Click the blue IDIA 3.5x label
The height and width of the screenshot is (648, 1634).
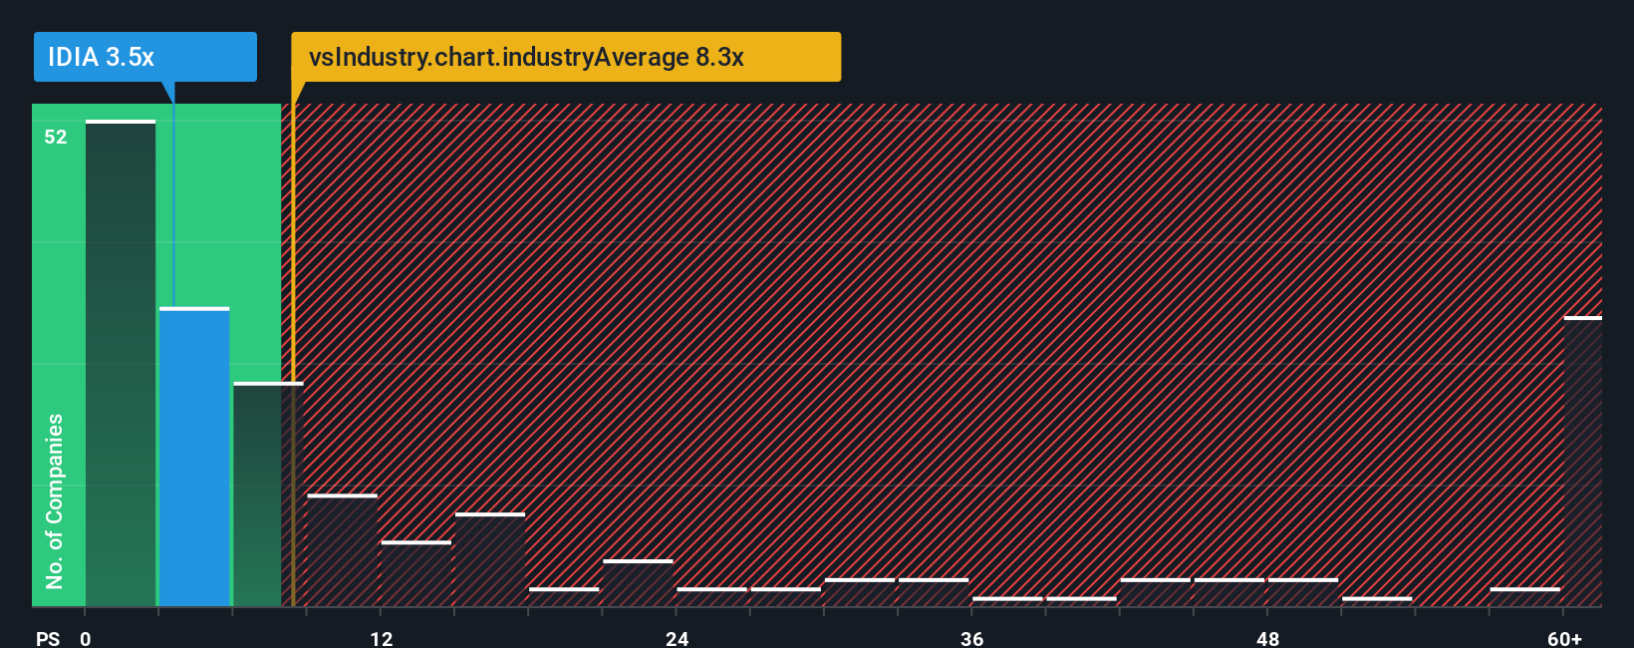144,57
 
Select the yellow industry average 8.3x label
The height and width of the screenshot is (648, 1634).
565,57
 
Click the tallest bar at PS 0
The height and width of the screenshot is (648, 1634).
121,363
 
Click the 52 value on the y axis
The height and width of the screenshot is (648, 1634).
56,137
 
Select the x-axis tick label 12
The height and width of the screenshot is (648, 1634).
382,638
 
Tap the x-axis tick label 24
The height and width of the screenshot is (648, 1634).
678,638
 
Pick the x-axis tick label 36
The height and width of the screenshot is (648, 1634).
972,638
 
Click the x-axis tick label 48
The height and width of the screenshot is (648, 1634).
1267,638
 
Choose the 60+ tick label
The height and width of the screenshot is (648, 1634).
1564,638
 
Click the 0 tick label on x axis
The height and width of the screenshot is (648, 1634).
86,638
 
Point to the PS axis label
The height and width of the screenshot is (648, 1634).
48,638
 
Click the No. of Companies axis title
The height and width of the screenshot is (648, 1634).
55,500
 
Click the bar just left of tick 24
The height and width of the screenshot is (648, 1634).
638,583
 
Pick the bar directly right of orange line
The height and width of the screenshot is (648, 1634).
342,550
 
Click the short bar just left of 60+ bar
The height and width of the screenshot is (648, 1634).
1524,597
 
